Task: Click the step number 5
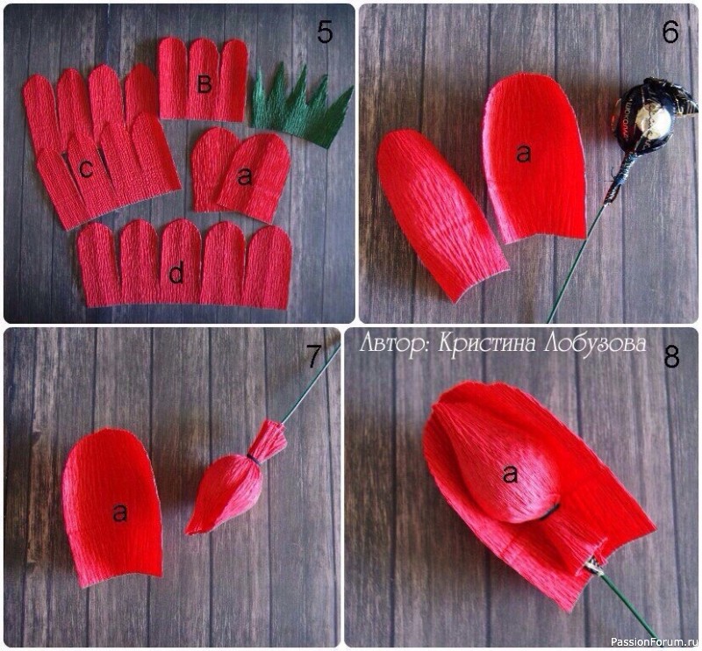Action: point(325,32)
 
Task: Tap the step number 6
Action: point(670,32)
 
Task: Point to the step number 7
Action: point(313,356)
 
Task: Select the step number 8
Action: point(672,357)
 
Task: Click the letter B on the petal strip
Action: point(204,83)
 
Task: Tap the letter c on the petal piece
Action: point(85,168)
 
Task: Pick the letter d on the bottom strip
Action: point(176,272)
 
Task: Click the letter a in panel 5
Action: point(245,178)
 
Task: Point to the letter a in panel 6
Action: point(523,154)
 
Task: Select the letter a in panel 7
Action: point(120,512)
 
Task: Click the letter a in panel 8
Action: point(510,474)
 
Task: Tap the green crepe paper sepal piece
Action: point(301,107)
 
